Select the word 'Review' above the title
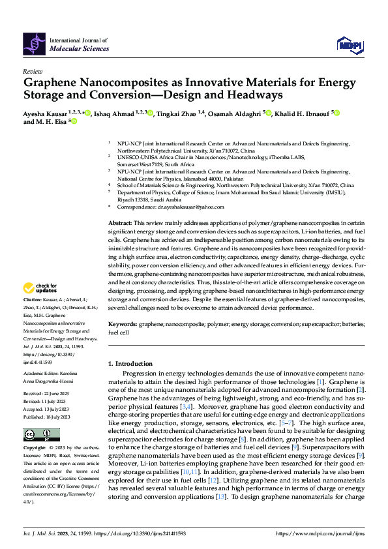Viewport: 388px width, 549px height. (x=33, y=71)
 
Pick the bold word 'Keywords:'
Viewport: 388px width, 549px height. (x=122, y=323)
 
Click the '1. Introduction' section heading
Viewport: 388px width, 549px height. (x=130, y=363)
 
